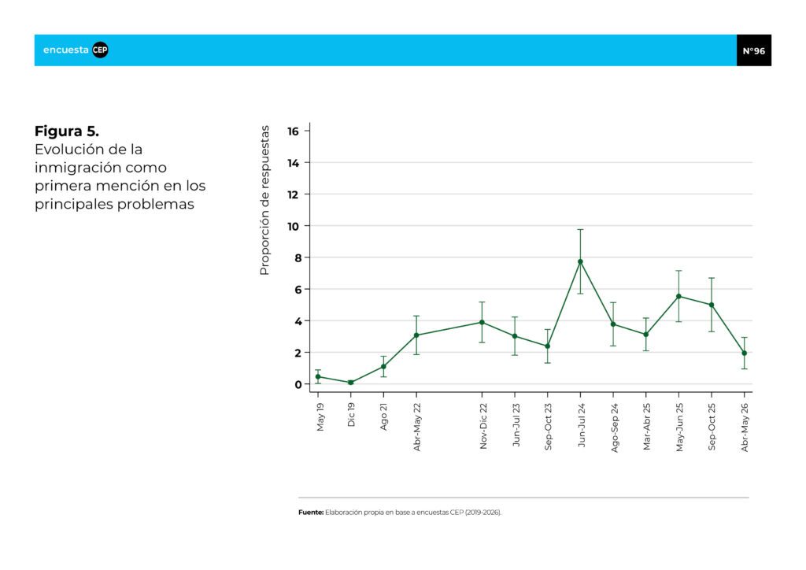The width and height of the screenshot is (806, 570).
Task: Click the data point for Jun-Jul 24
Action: click(580, 261)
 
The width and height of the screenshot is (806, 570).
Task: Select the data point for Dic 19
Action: click(351, 383)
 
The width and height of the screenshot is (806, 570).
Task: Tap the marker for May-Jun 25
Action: click(678, 296)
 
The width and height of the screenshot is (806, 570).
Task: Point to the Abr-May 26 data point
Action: click(745, 353)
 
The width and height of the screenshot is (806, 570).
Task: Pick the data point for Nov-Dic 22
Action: click(482, 322)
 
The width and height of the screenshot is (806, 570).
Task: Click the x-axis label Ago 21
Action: click(383, 416)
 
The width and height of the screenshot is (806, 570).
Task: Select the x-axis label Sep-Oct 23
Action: click(548, 427)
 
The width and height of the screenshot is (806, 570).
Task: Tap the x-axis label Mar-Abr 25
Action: click(647, 427)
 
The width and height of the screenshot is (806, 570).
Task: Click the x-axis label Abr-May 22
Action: click(417, 427)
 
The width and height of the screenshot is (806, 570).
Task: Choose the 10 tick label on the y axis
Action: click(293, 226)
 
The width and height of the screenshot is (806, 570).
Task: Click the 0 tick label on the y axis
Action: click(298, 384)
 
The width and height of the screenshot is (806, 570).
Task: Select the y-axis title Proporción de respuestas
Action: click(264, 201)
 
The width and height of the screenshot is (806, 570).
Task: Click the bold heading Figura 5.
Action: click(67, 131)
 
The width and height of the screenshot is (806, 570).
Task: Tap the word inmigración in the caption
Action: click(77, 168)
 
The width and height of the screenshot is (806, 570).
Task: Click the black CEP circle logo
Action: click(100, 50)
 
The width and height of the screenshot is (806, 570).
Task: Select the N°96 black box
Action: click(753, 50)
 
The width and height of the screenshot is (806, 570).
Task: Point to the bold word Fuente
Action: click(311, 513)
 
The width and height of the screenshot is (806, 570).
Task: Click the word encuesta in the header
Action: click(66, 50)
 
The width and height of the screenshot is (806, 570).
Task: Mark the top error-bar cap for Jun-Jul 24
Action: click(580, 229)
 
